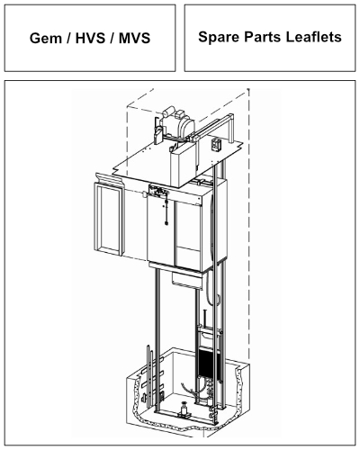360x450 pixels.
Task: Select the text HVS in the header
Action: point(91,38)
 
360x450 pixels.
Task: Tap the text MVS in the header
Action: point(134,38)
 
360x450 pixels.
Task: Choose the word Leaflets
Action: point(314,37)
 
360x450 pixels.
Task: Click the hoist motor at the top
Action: point(177,123)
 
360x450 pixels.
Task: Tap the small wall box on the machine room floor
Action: point(216,144)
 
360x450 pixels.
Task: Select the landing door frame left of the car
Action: point(109,219)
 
